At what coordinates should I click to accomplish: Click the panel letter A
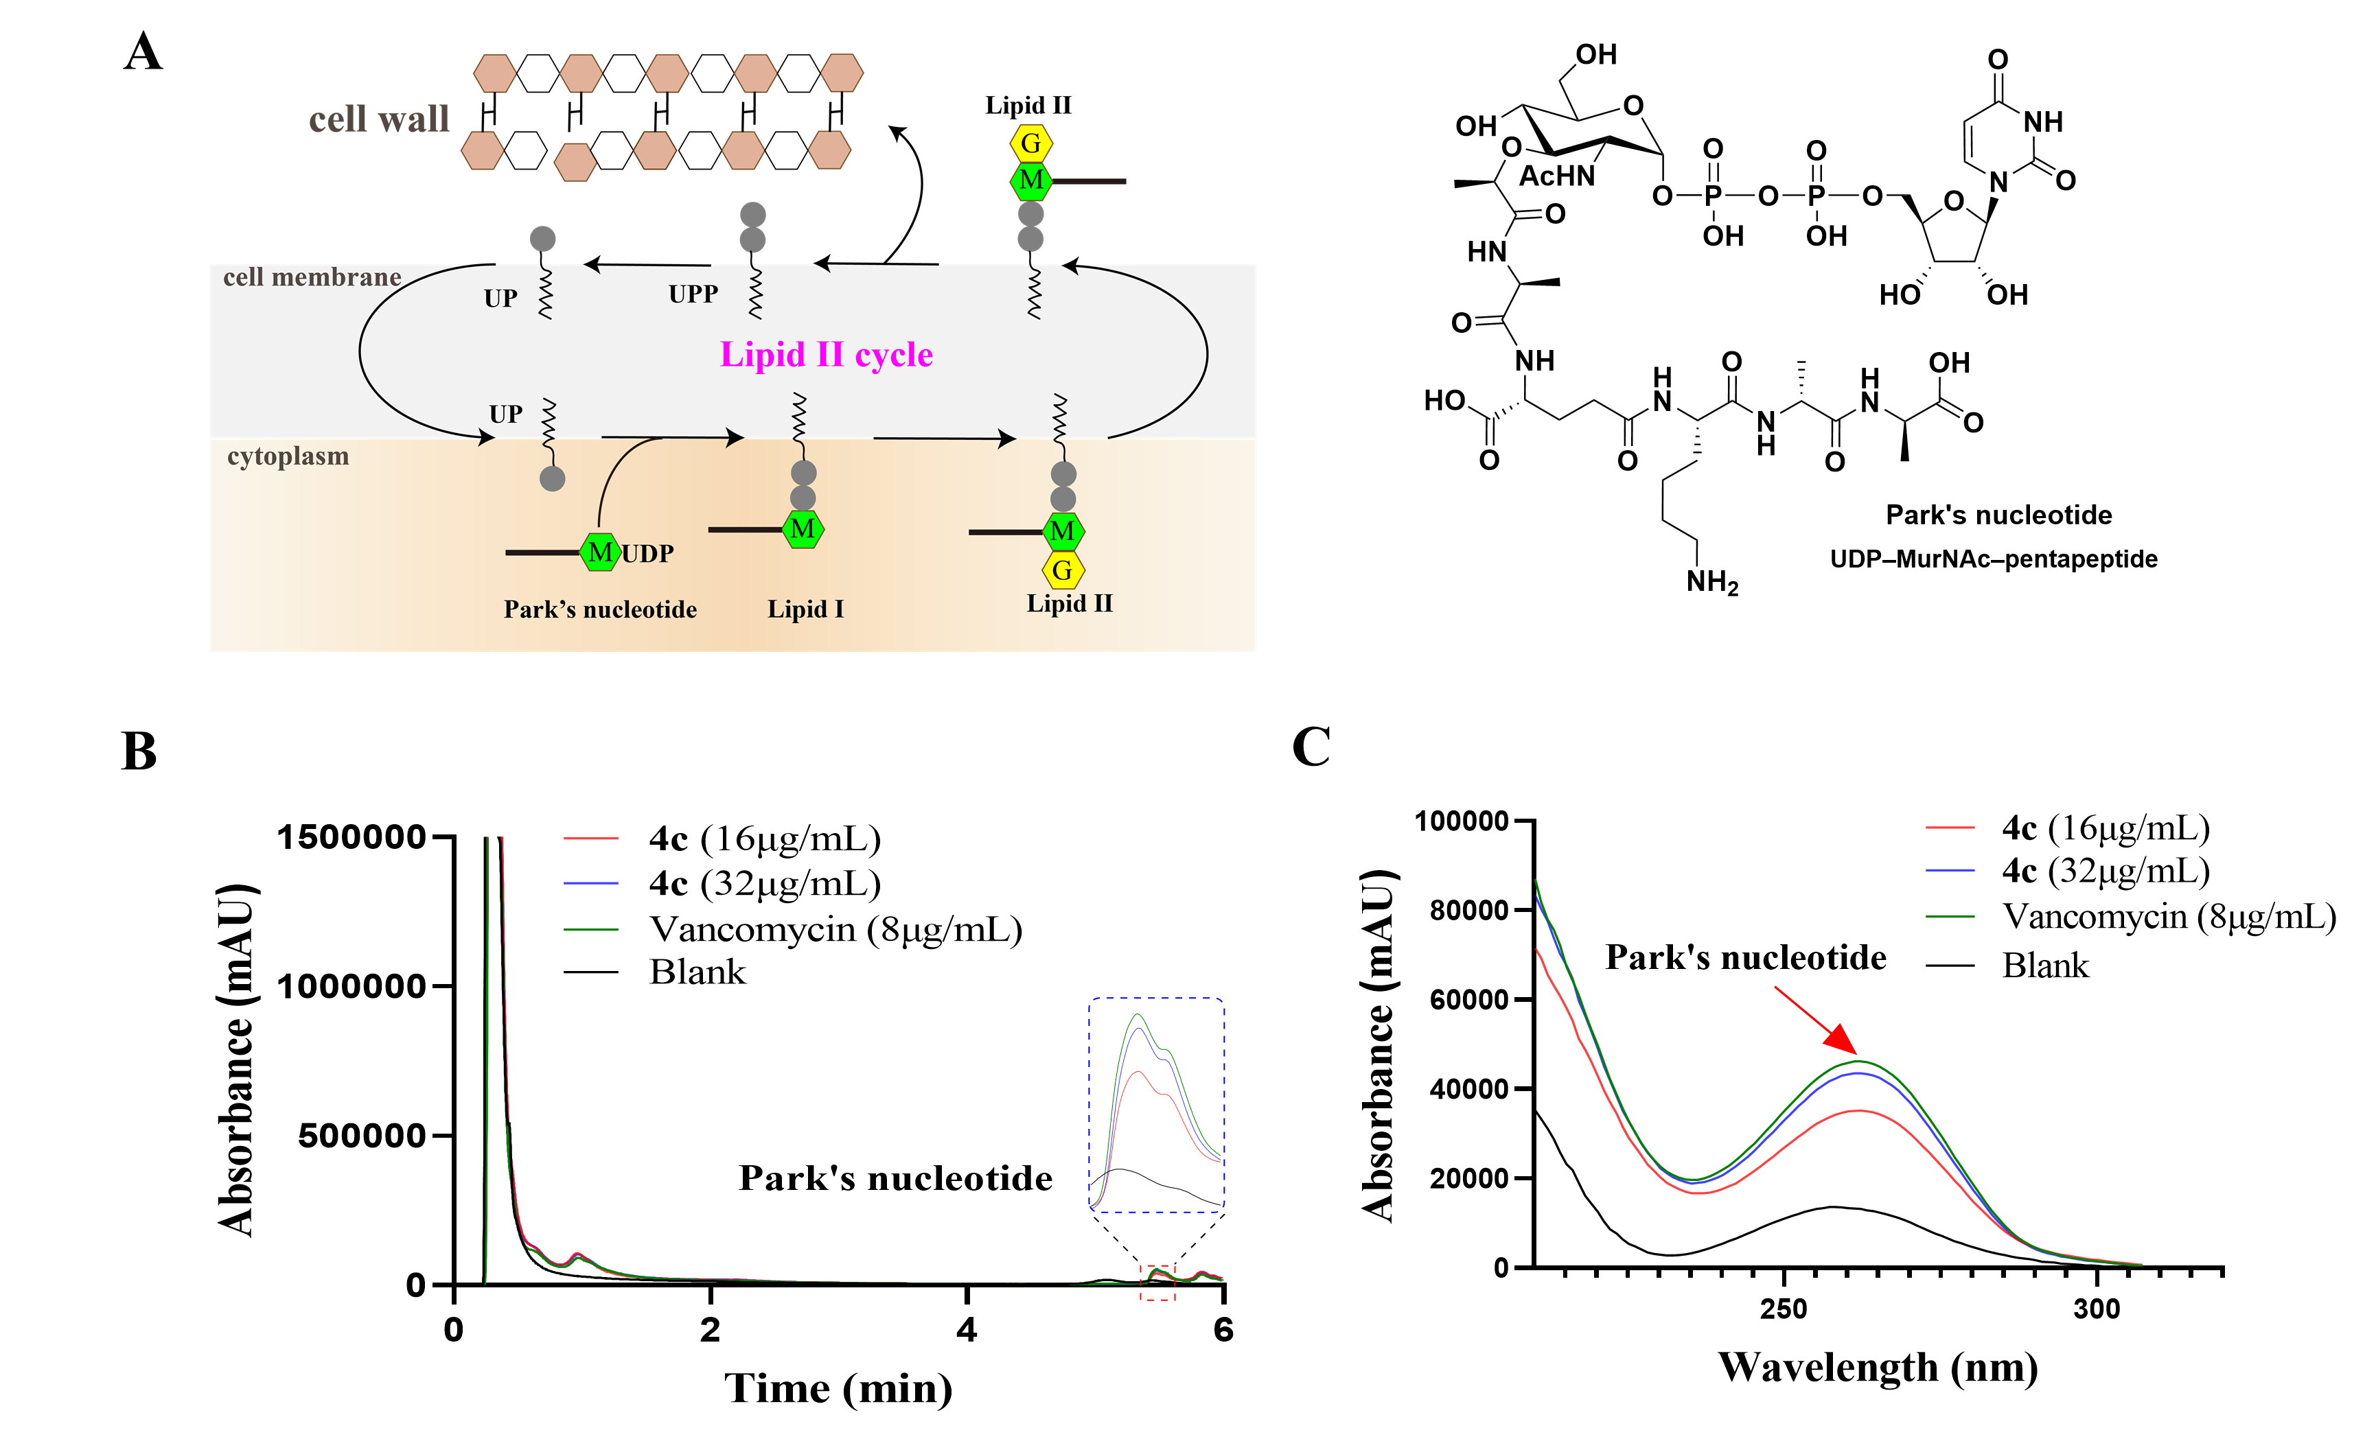click(143, 52)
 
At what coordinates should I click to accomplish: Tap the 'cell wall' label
click(379, 119)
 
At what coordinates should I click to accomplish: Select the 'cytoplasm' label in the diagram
click(288, 456)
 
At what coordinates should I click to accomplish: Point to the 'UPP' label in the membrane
click(693, 294)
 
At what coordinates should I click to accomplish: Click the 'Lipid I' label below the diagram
click(805, 609)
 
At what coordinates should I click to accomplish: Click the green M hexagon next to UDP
click(600, 552)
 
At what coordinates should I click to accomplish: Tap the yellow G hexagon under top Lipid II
click(1031, 143)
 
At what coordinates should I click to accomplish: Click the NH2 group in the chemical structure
click(1711, 583)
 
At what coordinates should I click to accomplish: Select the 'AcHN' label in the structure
click(1556, 176)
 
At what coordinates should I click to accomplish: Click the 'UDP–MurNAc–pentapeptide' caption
click(1993, 559)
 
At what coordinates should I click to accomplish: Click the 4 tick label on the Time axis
click(966, 1331)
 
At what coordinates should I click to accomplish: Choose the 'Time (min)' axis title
click(838, 1388)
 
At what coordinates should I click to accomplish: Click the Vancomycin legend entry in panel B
click(835, 928)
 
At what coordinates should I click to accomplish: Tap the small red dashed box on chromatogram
click(1157, 1283)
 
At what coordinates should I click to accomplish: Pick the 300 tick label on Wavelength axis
click(2097, 1309)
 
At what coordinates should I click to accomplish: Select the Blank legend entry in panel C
click(2044, 965)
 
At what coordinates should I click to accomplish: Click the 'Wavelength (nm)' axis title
click(1878, 1367)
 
